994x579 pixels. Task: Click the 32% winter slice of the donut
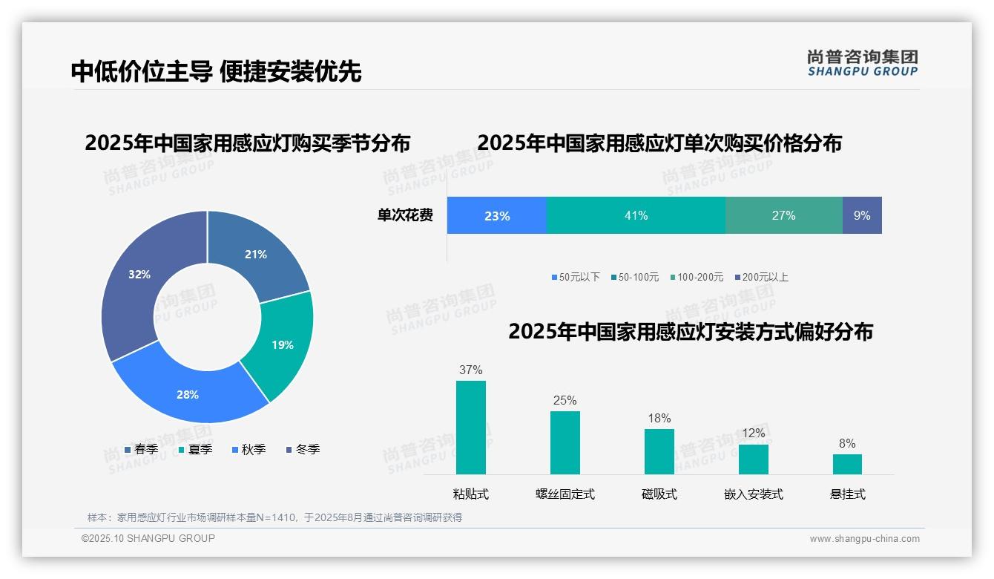(137, 282)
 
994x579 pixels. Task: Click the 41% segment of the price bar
(636, 215)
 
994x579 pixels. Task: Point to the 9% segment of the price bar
(862, 215)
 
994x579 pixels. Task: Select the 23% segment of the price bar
(496, 215)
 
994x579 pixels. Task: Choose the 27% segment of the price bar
(783, 215)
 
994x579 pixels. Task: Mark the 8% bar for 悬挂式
(847, 464)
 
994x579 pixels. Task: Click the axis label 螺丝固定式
(565, 494)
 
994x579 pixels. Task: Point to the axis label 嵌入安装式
(754, 494)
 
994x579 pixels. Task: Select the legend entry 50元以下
(576, 277)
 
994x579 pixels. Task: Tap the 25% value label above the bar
(565, 400)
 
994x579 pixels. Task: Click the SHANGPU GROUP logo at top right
(863, 62)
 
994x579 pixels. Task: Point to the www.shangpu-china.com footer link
(864, 539)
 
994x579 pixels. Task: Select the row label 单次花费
(405, 215)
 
